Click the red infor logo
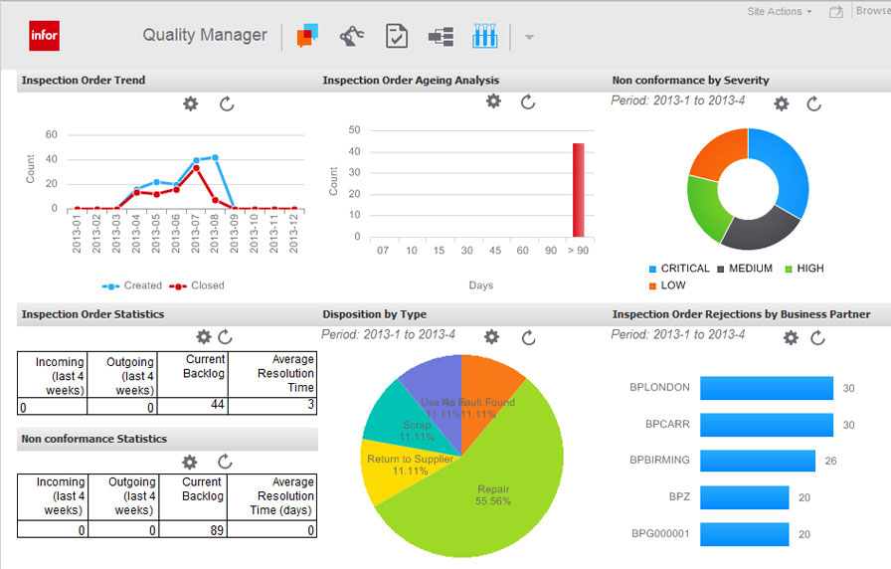[45, 36]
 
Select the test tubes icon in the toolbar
[484, 37]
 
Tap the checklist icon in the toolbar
[396, 37]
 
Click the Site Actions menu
[779, 12]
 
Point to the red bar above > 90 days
[578, 190]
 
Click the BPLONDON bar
[766, 388]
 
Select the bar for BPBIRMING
[757, 460]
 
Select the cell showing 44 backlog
[194, 406]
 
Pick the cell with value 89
[193, 530]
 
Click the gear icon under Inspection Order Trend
[192, 103]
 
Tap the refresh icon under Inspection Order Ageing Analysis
[528, 101]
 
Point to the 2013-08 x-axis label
[215, 234]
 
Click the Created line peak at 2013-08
[215, 157]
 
